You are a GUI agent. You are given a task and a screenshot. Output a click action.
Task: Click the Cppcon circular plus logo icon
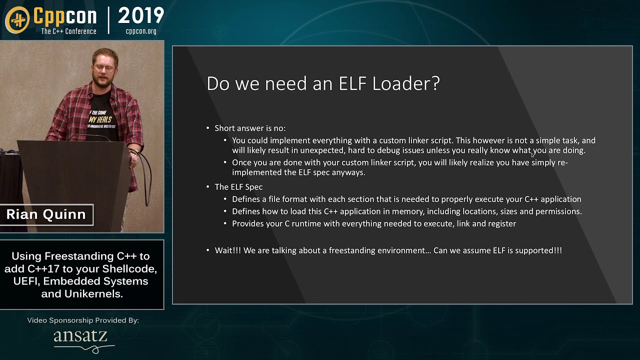[x=17, y=19]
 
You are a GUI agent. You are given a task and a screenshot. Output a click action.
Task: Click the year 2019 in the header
[x=141, y=16]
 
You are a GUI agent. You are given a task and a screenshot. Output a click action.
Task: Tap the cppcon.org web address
[x=141, y=31]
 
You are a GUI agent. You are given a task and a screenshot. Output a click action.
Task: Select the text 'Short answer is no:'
[x=250, y=128]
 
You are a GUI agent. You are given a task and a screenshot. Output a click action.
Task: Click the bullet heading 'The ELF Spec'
[x=238, y=187]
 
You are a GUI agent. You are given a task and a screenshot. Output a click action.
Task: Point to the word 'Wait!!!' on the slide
[x=228, y=250]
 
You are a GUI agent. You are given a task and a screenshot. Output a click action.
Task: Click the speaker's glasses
[x=105, y=68]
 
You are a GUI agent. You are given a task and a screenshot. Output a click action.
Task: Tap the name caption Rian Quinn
[x=46, y=214]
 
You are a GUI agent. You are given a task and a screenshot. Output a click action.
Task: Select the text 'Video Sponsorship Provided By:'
[x=83, y=320]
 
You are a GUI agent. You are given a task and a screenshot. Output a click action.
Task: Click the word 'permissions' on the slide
[x=557, y=211]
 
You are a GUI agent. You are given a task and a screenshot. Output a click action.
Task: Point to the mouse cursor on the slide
[x=533, y=155]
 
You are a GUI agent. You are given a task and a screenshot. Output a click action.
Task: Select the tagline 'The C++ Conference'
[x=68, y=31]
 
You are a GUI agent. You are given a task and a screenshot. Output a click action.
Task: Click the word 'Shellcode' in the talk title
[x=130, y=269]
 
